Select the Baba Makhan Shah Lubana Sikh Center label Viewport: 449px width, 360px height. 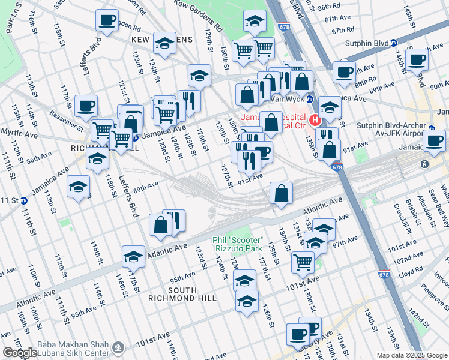coord(72,348)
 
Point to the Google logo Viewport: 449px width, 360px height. coord(20,353)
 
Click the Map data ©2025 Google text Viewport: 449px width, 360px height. coord(412,355)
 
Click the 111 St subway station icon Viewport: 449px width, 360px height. coord(23,200)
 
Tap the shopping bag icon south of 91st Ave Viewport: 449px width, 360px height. coord(281,193)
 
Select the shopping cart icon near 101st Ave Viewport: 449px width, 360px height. coord(303,262)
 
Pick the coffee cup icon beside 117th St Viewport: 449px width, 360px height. coord(86,106)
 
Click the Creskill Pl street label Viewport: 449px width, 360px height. coord(397,220)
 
